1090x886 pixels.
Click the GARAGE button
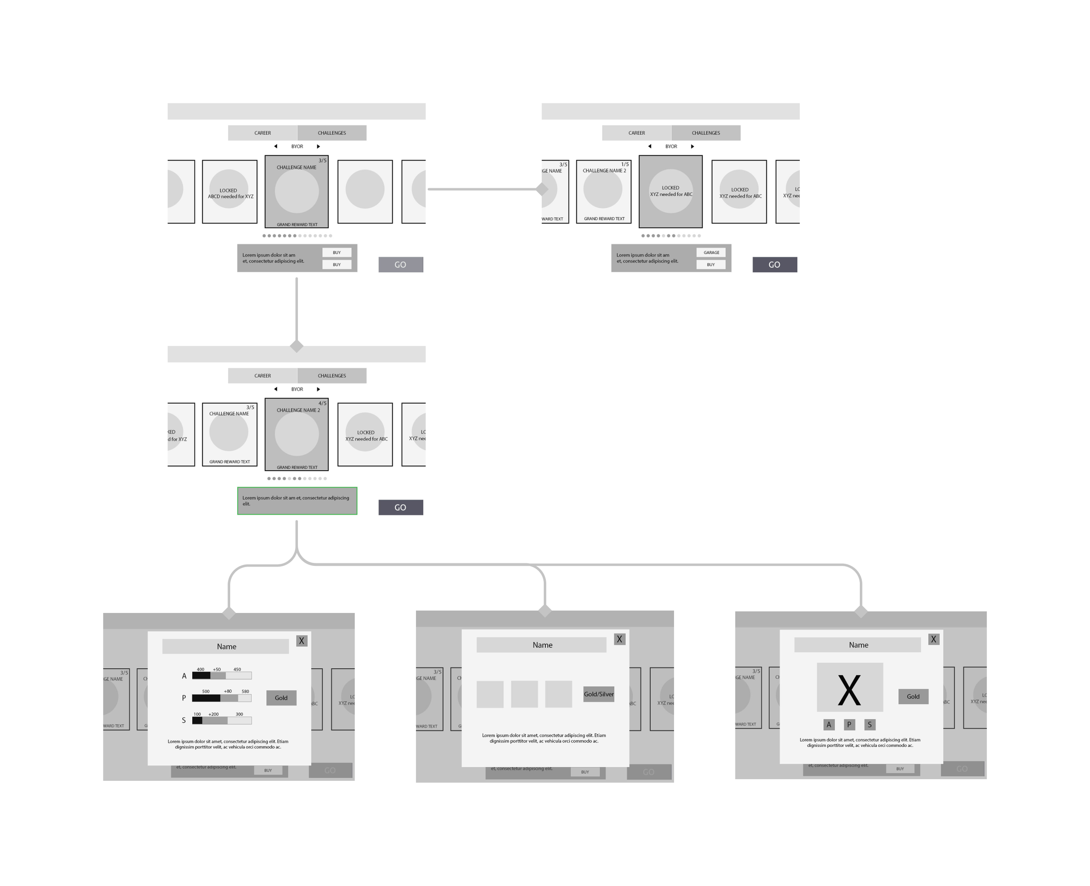coord(711,253)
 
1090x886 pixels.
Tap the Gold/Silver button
coord(598,694)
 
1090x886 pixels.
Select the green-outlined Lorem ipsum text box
coord(297,501)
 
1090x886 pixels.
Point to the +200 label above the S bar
coord(213,715)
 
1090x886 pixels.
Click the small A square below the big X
coord(829,725)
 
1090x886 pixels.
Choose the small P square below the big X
coord(849,725)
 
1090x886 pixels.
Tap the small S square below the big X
coord(870,725)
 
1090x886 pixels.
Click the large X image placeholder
coord(850,688)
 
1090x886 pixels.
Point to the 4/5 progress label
coord(322,403)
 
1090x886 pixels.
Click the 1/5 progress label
coord(625,164)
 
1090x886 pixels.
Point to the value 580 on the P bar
coord(245,691)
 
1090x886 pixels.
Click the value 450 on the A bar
coord(237,670)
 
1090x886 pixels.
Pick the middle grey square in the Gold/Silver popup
coord(525,694)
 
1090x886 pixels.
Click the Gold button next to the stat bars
coord(281,698)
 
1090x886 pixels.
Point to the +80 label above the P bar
coord(228,691)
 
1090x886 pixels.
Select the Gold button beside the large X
coord(913,697)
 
